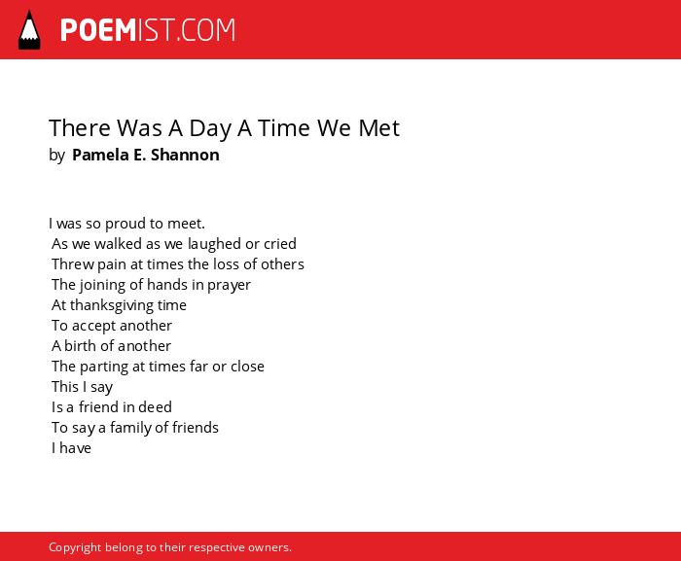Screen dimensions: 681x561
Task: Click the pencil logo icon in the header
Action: [x=29, y=29]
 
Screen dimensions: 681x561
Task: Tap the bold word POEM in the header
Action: [x=98, y=30]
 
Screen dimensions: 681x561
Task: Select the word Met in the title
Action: [x=378, y=128]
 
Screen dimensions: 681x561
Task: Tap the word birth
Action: [x=81, y=345]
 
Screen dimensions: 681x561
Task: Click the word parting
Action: [x=104, y=367]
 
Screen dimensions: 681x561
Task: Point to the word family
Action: [x=129, y=428]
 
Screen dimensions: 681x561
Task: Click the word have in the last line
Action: [x=75, y=447]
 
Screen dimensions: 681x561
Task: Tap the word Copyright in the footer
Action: [x=75, y=547]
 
